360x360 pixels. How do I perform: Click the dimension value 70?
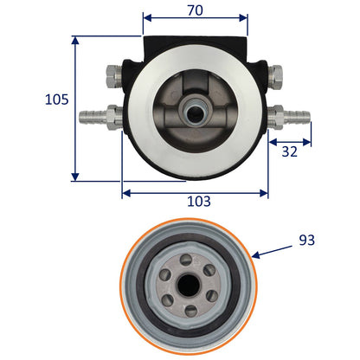pos(196,10)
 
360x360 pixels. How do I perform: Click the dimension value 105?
pos(57,100)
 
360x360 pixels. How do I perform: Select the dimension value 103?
pos(199,201)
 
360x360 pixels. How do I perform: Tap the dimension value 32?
pos(289,151)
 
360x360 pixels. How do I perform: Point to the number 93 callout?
pos(306,240)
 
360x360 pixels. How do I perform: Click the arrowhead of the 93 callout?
pos(255,254)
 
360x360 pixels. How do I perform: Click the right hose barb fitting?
pos(289,117)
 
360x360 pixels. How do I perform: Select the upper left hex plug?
pos(114,76)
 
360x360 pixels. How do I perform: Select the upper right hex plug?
pos(275,76)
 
